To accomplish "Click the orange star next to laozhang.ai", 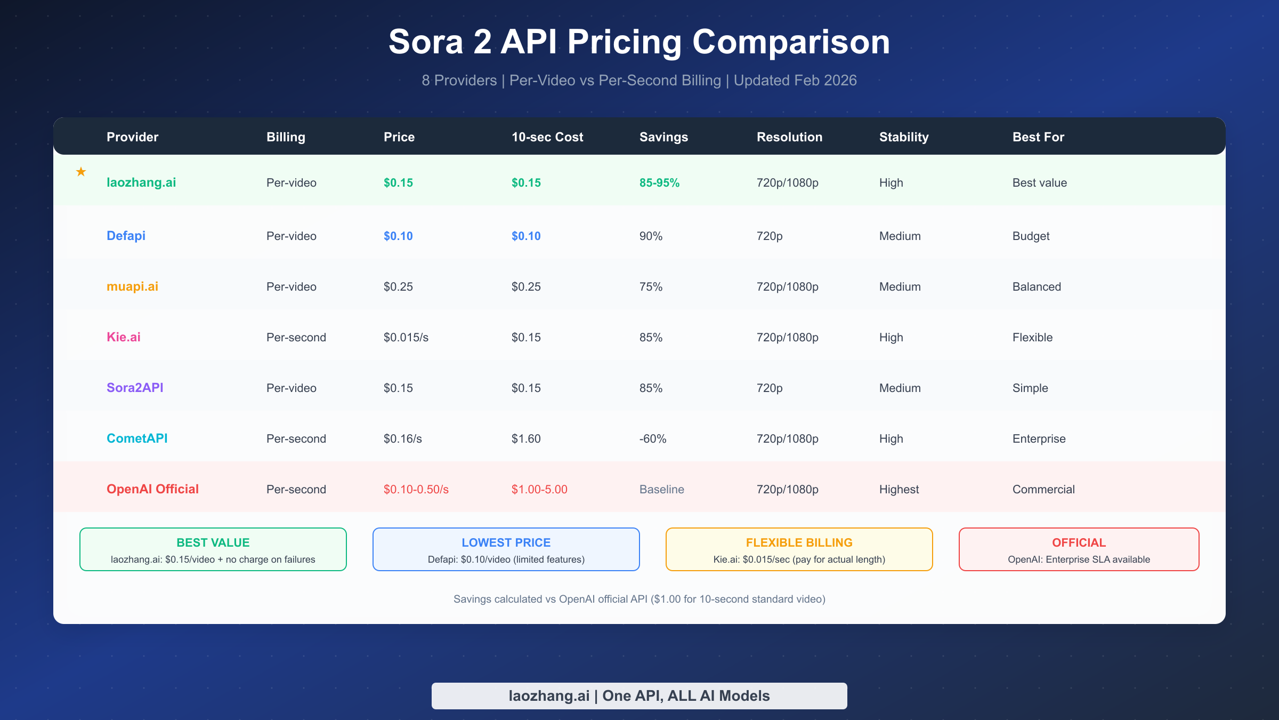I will pos(81,172).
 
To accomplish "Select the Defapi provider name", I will pos(126,236).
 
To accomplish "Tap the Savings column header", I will pos(663,137).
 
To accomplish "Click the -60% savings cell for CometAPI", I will pos(653,438).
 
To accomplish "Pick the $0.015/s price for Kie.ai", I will pos(406,337).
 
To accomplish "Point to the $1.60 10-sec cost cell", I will pos(525,438).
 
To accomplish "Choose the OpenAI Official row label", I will pos(152,489).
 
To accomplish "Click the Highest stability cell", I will pos(899,489).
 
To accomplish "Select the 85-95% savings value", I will pos(659,182).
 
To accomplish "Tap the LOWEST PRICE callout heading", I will pos(506,542).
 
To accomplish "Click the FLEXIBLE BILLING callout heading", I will pos(799,542).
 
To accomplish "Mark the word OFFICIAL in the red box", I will pos(1079,542).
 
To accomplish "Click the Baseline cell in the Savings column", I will pos(661,489).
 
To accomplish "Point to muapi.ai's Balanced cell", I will pos(1037,286).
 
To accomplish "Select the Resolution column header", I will pos(789,137).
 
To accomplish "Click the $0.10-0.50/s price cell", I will pos(416,489).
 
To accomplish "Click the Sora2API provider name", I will pos(135,388).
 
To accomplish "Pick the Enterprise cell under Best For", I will pos(1039,438).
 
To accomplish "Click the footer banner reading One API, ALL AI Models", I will pos(639,695).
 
